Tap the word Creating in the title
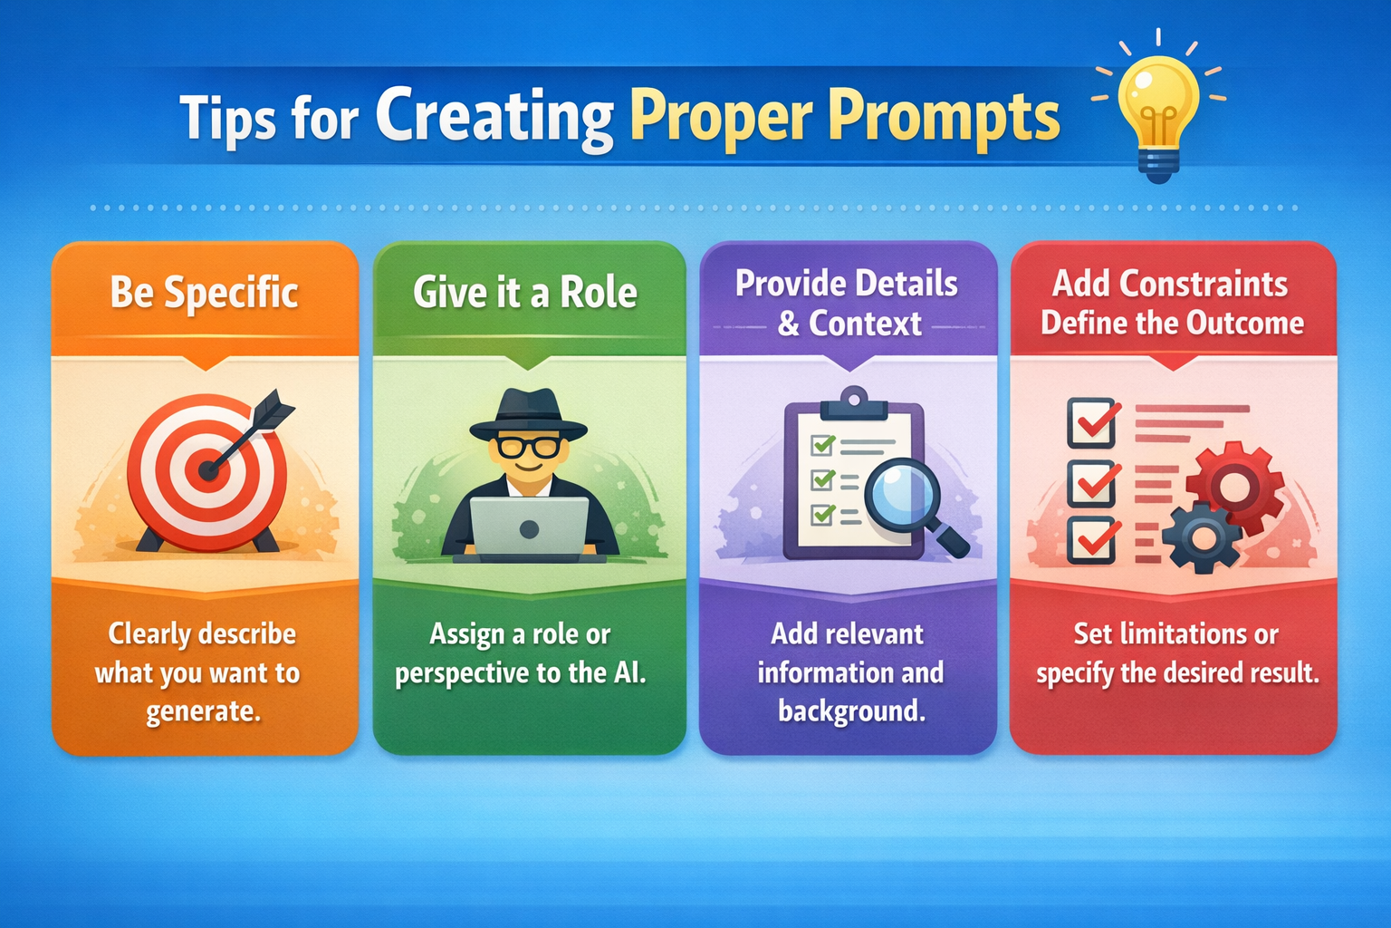(494, 117)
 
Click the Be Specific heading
(205, 293)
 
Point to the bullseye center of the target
(207, 470)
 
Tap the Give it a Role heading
(525, 293)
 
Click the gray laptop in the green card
(529, 527)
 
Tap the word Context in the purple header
(865, 324)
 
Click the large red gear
(1234, 487)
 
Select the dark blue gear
(1201, 538)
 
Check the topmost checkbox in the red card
(1092, 422)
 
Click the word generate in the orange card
(204, 711)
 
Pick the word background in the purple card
(851, 711)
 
